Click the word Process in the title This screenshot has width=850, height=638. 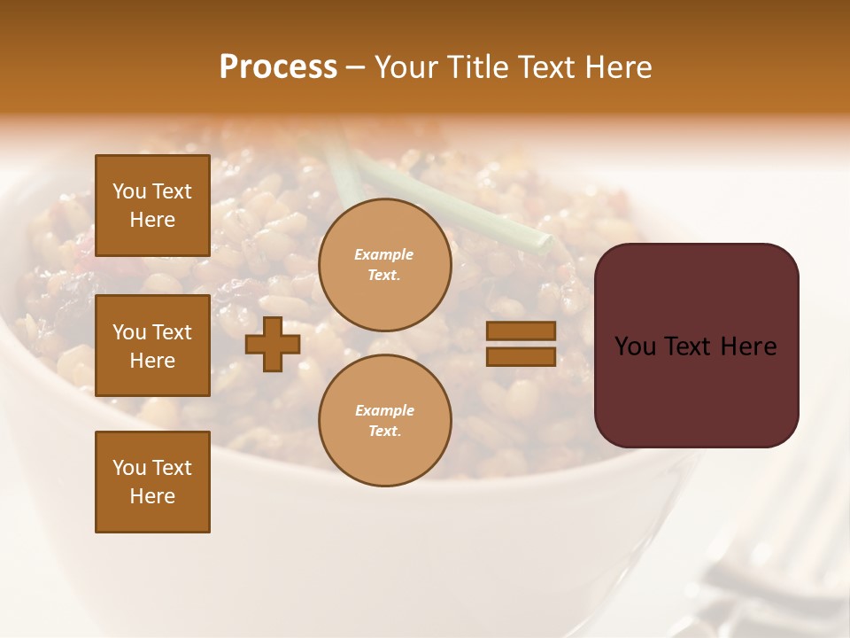coord(278,67)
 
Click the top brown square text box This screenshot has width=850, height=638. coord(152,206)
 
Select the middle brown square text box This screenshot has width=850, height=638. coord(152,346)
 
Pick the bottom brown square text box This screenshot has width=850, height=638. coord(152,482)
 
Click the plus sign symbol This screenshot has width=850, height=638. coord(273,345)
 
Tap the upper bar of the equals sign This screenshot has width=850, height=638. coord(521,331)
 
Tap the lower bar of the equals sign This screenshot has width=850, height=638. coord(521,356)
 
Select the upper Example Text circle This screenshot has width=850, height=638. coord(384,265)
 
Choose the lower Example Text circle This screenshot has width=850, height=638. coord(384,421)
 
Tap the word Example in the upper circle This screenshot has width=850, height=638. coord(384,254)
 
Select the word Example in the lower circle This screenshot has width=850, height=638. coord(384,410)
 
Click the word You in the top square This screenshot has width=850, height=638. coord(129,191)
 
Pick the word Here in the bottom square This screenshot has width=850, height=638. coord(152,496)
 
